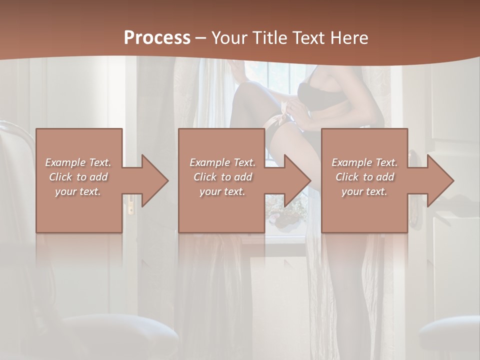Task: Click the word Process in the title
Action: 157,38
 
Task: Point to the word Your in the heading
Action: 229,38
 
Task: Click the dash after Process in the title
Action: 200,38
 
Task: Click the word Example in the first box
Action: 65,162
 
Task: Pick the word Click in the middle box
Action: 204,177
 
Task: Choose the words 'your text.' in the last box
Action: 364,191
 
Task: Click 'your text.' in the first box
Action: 78,191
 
